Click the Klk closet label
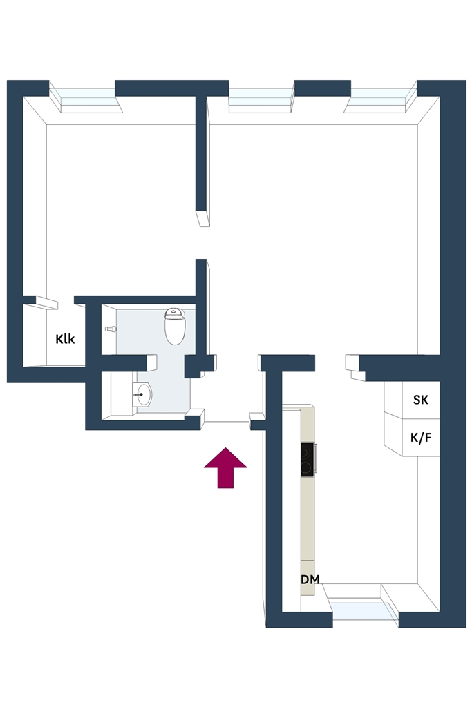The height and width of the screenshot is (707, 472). [65, 338]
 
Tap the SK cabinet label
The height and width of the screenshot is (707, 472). [421, 400]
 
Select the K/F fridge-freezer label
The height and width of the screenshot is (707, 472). [421, 437]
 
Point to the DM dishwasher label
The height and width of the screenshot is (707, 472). [310, 579]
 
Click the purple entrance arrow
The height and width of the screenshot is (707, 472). [225, 467]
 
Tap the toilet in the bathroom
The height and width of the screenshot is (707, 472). [175, 326]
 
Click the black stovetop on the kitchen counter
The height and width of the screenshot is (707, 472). [308, 459]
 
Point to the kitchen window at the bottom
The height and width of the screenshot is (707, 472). [362, 606]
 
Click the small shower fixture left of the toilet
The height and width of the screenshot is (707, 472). [110, 329]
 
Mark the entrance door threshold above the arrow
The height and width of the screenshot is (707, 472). [227, 422]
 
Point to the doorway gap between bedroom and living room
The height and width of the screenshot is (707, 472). [203, 242]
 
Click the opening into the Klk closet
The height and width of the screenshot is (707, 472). [66, 301]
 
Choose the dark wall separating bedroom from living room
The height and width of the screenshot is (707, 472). [201, 153]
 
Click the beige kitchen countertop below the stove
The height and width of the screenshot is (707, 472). [308, 519]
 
